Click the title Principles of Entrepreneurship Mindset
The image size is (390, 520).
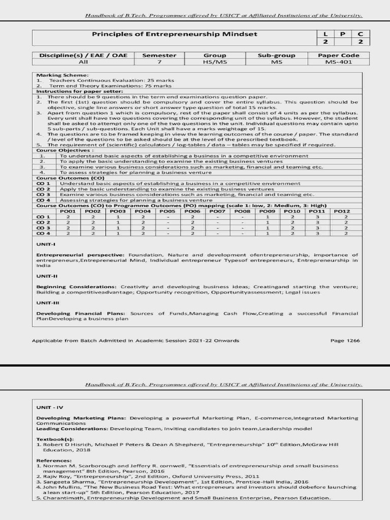click(x=174, y=35)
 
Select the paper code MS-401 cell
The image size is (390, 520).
click(x=339, y=62)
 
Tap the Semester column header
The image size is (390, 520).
click(x=159, y=55)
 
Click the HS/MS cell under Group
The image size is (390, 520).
click(x=215, y=62)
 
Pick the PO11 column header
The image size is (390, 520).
click(x=317, y=211)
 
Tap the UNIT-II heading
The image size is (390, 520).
click(x=47, y=277)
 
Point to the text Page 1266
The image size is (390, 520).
click(x=345, y=340)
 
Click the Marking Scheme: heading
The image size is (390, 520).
click(x=55, y=75)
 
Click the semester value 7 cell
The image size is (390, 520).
click(x=159, y=62)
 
